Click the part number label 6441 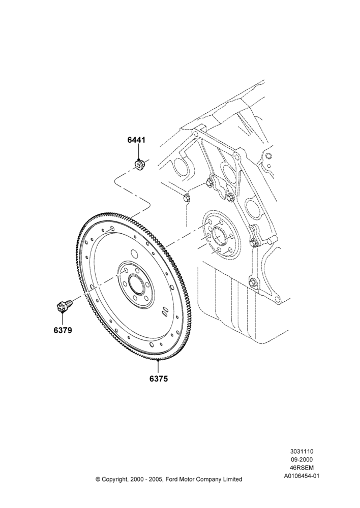click(x=136, y=140)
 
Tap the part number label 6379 click(x=63, y=331)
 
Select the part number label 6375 click(x=159, y=378)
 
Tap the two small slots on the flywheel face click(x=164, y=310)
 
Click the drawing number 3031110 click(x=302, y=451)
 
